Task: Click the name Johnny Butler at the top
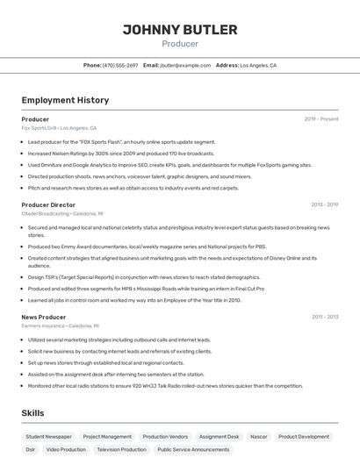pos(180,30)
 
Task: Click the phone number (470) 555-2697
pos(119,65)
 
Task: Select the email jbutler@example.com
pos(185,65)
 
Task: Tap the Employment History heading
pos(65,100)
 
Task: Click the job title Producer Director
pos(48,204)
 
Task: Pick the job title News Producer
pos(44,317)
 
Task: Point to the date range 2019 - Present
pos(321,118)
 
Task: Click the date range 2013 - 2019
pos(324,204)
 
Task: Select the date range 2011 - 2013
pos(325,317)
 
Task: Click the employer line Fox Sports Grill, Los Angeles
pos(59,127)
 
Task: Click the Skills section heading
pos(32,412)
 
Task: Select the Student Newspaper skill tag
pos(48,436)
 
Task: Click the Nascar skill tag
pos(258,436)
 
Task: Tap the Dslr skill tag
pos(31,449)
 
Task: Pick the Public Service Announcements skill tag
pos(193,449)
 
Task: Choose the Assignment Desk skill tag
pos(219,436)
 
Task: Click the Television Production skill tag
pos(121,449)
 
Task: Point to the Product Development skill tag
pos(304,436)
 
